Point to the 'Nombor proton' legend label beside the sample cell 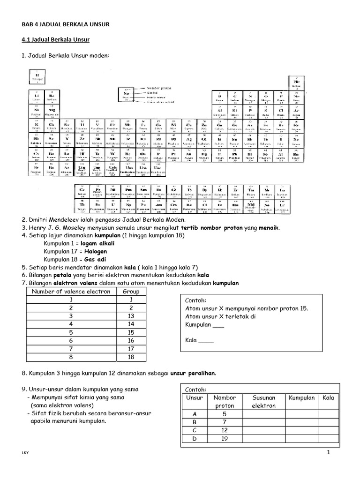(x=159, y=88)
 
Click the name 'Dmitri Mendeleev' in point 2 (x=52, y=220)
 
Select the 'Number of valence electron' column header (x=71, y=291)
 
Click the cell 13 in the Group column (x=131, y=316)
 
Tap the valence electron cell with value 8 (x=71, y=357)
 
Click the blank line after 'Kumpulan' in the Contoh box (x=218, y=326)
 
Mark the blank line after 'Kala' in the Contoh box (x=206, y=341)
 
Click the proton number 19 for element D (x=224, y=439)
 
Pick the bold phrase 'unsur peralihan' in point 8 (x=194, y=373)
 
